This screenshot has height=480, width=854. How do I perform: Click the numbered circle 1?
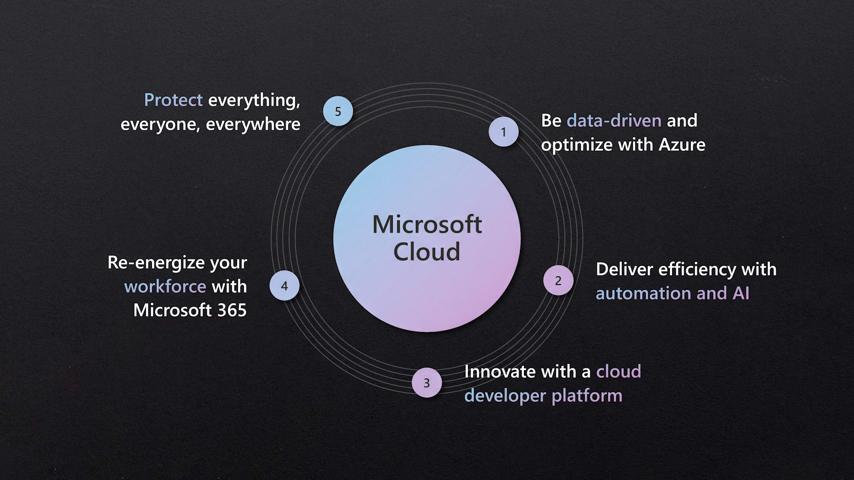(504, 132)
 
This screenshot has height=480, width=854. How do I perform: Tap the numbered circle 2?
(558, 280)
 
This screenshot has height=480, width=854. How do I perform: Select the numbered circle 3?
(427, 383)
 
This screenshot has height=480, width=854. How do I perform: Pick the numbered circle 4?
(285, 286)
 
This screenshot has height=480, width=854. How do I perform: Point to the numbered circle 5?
(338, 111)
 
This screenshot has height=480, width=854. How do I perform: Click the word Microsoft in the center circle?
(427, 224)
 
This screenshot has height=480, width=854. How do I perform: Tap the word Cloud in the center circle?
(427, 252)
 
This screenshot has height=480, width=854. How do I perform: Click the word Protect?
(173, 100)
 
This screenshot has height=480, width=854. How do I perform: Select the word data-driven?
(614, 121)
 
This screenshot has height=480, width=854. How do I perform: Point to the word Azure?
(682, 145)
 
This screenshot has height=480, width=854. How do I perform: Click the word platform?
(587, 396)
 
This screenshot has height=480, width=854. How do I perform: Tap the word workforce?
(165, 287)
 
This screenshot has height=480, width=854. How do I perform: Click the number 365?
(232, 310)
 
